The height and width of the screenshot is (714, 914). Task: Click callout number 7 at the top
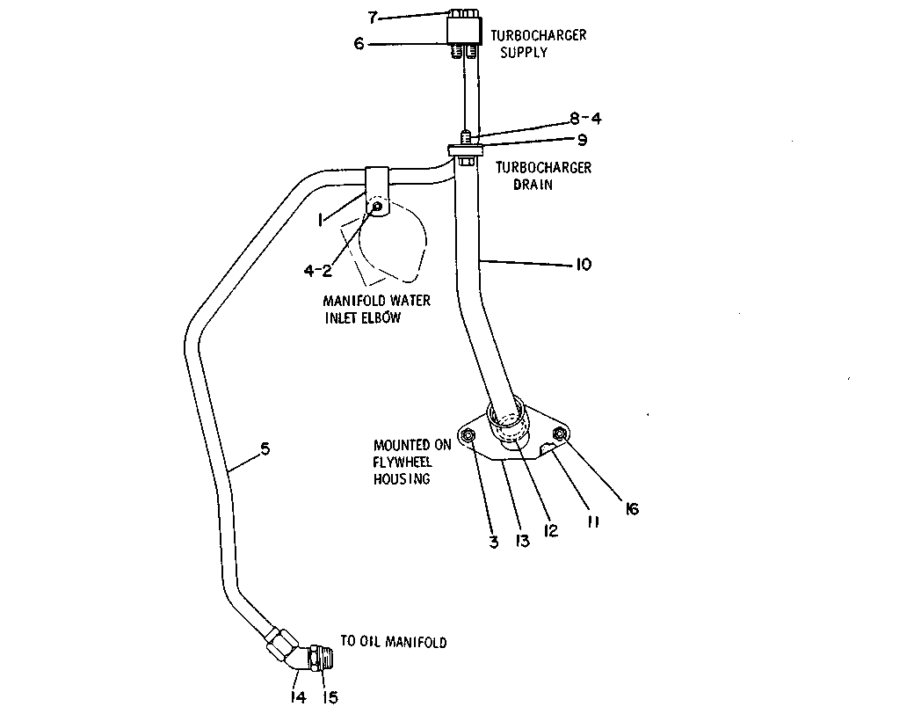point(373,18)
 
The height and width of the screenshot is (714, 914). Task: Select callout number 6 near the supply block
point(359,44)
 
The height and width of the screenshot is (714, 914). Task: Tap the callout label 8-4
point(586,119)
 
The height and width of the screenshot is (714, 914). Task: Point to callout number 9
point(582,140)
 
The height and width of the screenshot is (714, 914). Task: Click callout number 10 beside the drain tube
point(584,265)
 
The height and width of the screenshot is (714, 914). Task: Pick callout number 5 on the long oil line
point(265,448)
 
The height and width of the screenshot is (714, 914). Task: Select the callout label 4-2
point(317,271)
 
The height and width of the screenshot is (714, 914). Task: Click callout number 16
point(632,508)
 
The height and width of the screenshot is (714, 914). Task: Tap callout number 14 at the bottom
point(298,697)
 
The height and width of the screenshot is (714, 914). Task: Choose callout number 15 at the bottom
point(330,697)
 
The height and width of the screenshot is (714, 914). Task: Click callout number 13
point(522,542)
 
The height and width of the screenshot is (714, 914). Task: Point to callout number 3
point(494,543)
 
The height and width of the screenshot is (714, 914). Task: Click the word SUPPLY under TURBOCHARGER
point(524,53)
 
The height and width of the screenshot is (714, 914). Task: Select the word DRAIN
point(533,185)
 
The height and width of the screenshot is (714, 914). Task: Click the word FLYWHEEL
point(403,462)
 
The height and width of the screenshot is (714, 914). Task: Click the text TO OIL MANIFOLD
point(394,642)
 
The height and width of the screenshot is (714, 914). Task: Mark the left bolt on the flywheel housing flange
point(468,436)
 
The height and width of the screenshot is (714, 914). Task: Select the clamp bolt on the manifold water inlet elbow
point(377,206)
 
